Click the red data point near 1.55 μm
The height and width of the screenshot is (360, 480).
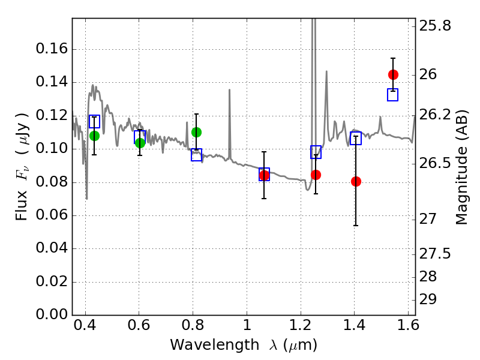click(393, 74)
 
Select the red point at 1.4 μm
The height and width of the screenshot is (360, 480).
click(356, 181)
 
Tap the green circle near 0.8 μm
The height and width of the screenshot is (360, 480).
click(196, 132)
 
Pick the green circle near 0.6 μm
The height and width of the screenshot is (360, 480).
click(140, 143)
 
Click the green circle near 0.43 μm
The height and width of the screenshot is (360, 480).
click(94, 136)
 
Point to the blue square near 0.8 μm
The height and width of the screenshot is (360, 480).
click(196, 155)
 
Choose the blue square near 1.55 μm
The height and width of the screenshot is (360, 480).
click(393, 95)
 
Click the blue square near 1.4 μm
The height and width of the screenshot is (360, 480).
click(356, 139)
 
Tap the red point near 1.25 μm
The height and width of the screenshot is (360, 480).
click(316, 175)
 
